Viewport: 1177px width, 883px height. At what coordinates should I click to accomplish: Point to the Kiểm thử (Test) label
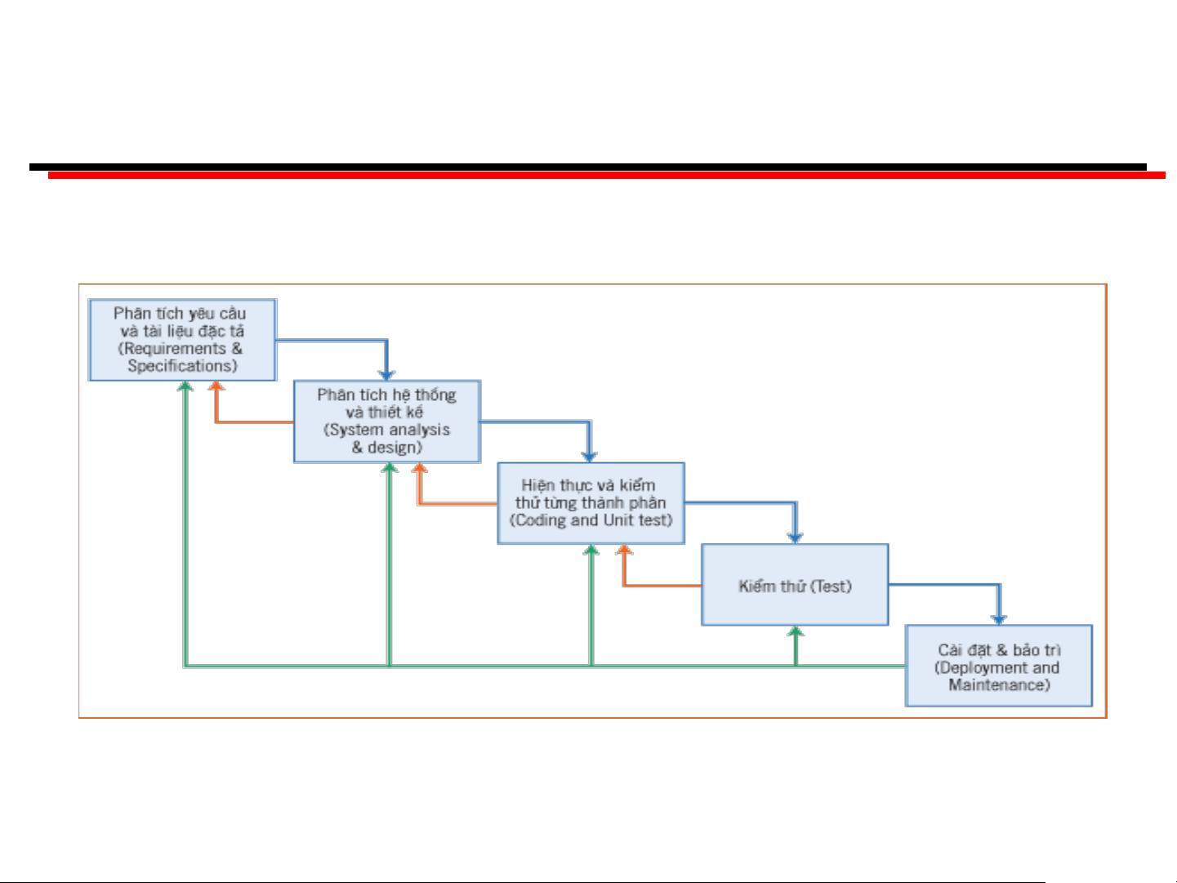(x=795, y=586)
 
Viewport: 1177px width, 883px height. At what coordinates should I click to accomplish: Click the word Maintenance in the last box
(x=997, y=685)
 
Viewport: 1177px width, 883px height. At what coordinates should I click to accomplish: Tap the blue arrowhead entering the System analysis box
(x=386, y=375)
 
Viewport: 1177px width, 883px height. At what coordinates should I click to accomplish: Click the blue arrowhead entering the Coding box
(x=589, y=457)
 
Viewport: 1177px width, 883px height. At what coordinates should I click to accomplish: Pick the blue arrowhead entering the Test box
(x=795, y=537)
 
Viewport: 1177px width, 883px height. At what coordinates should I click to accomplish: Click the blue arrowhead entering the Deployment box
(x=998, y=619)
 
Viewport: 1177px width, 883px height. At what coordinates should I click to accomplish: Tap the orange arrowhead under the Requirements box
(x=216, y=386)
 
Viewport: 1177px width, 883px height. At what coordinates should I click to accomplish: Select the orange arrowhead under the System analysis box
(x=419, y=469)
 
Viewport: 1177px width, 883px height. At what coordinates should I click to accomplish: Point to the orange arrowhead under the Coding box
(x=624, y=550)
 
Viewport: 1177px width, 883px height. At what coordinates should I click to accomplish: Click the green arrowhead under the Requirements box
(x=185, y=386)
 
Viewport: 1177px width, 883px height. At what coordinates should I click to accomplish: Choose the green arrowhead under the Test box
(x=796, y=631)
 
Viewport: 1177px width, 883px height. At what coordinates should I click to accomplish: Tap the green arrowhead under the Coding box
(x=591, y=550)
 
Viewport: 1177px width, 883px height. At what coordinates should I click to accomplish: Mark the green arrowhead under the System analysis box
(x=390, y=469)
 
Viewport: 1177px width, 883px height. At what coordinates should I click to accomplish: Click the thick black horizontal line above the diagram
(x=588, y=167)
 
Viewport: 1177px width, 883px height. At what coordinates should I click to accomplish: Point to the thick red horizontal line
(x=606, y=176)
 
